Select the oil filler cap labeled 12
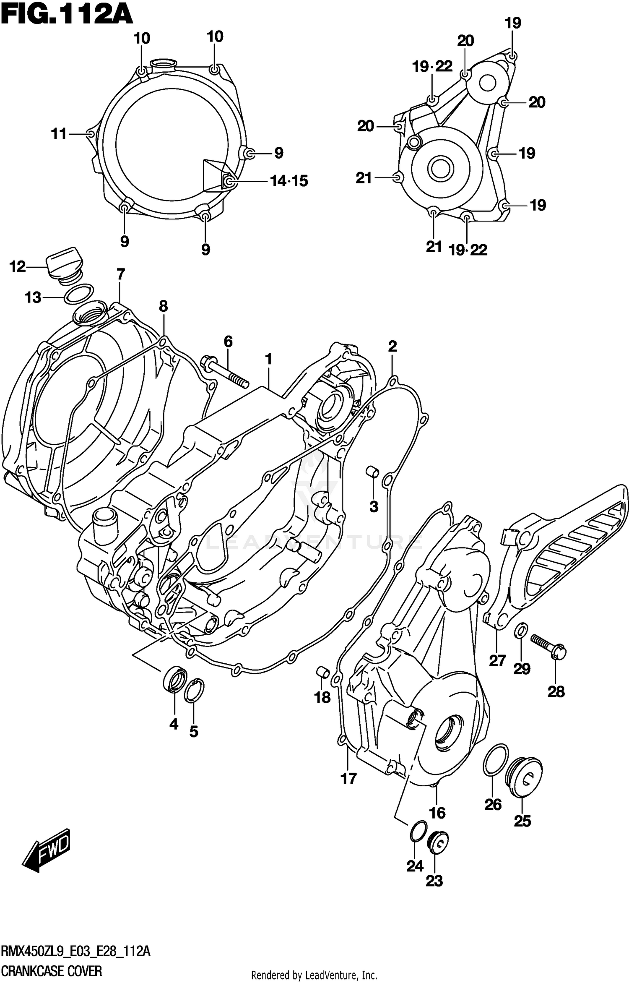click(x=64, y=263)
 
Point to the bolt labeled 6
click(x=224, y=371)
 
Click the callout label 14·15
click(x=289, y=181)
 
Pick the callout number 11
click(x=59, y=134)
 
